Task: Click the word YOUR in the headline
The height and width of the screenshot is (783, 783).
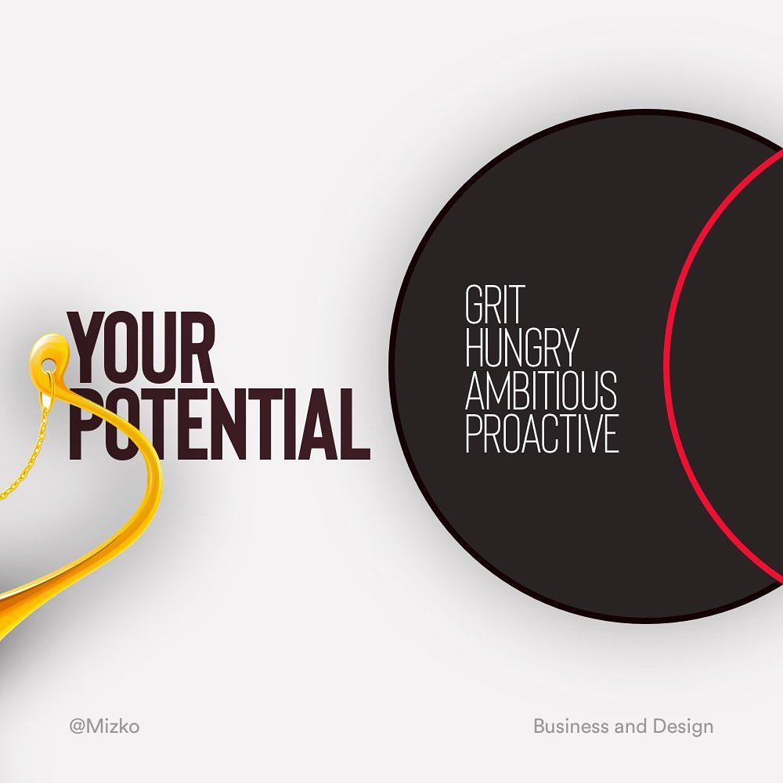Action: (141, 348)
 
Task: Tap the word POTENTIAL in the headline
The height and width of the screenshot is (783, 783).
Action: (220, 424)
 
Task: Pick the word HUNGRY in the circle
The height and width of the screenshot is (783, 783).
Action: (521, 347)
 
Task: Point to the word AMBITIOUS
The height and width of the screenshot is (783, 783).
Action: (541, 390)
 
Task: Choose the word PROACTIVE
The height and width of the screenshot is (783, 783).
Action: (542, 434)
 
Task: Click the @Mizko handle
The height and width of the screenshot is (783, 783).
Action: (104, 726)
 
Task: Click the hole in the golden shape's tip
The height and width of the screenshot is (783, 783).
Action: (48, 362)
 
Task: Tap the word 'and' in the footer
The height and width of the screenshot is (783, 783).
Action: (631, 726)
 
